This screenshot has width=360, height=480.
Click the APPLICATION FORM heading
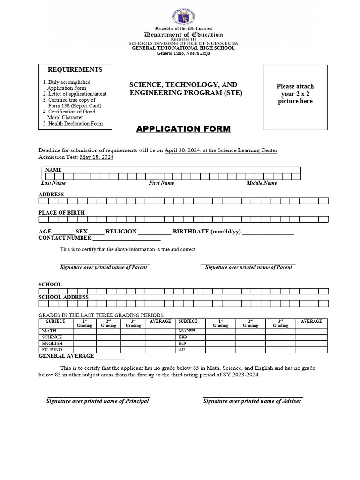click(183, 129)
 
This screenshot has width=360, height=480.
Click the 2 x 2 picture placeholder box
click(294, 97)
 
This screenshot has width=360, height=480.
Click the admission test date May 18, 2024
click(96, 157)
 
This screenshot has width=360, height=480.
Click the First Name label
click(161, 183)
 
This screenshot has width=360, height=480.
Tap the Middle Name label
click(262, 183)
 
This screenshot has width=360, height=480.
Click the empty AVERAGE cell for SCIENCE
click(160, 337)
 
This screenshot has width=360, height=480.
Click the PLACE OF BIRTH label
click(61, 213)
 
